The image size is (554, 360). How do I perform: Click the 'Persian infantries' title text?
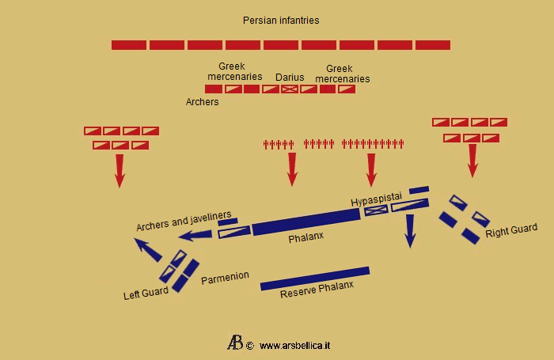click(x=281, y=20)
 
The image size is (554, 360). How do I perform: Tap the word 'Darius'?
click(x=290, y=78)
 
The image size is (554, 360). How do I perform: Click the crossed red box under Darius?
click(x=290, y=89)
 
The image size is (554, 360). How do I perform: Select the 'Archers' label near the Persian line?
click(x=202, y=102)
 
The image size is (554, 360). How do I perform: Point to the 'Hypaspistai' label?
click(x=377, y=201)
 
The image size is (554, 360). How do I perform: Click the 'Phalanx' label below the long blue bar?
click(x=306, y=236)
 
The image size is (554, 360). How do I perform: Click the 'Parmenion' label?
click(x=225, y=278)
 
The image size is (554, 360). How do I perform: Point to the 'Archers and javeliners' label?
click(x=184, y=221)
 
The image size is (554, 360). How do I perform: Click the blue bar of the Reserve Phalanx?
click(x=314, y=279)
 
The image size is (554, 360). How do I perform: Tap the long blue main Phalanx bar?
click(x=305, y=221)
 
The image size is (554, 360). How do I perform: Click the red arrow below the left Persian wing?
click(x=120, y=170)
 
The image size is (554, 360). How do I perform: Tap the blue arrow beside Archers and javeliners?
click(x=195, y=234)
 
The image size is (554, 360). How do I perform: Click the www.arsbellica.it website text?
click(x=294, y=346)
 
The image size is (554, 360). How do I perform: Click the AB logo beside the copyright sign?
click(x=235, y=343)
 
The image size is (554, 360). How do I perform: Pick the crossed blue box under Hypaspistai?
click(x=376, y=210)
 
